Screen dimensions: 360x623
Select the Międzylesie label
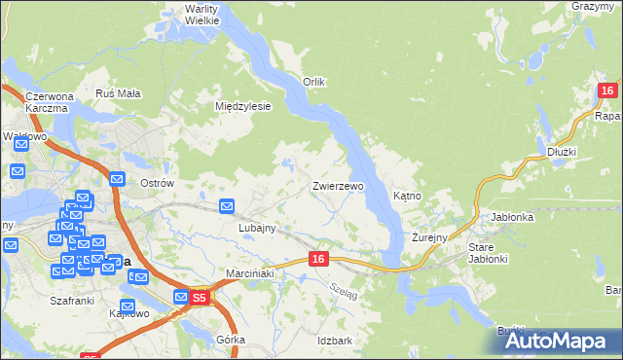click(x=242, y=106)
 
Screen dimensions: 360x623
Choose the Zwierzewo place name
click(x=338, y=185)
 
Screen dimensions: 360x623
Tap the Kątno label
click(x=407, y=196)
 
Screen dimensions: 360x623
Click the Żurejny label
click(x=428, y=236)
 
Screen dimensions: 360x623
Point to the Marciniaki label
click(x=251, y=273)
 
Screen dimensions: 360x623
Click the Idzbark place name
click(x=334, y=341)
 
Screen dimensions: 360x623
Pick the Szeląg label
click(x=344, y=289)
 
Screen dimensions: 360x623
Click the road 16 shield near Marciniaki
click(x=318, y=259)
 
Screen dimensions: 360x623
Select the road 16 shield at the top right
click(x=606, y=91)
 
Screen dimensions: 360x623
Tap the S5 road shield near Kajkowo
click(x=199, y=299)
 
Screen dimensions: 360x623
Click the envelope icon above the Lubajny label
click(x=227, y=205)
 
